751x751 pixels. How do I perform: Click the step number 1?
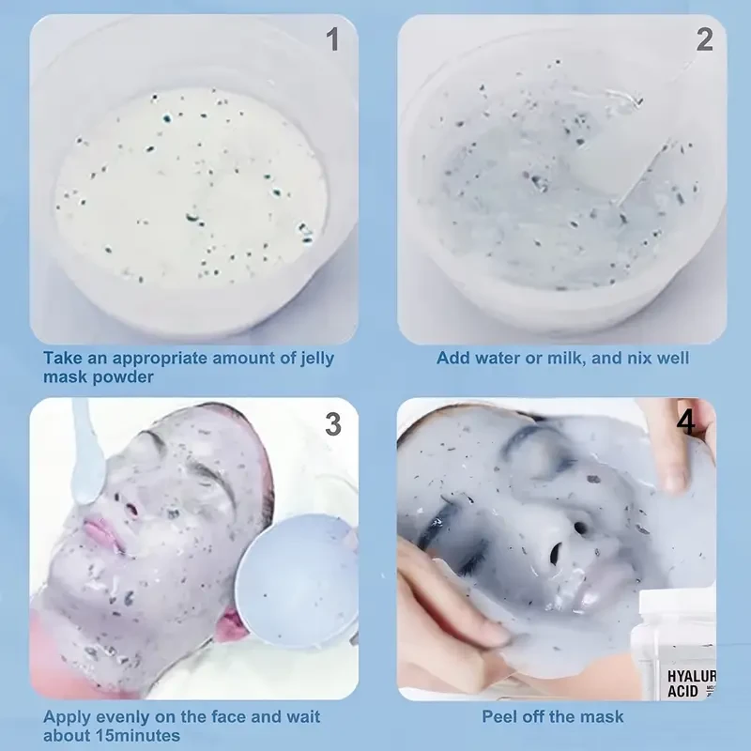click(331, 39)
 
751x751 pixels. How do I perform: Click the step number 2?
click(704, 39)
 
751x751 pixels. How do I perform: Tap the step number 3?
click(332, 423)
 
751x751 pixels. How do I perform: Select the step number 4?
click(686, 422)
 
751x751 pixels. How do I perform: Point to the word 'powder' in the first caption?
click(122, 376)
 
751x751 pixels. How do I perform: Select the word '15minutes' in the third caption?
click(134, 735)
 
